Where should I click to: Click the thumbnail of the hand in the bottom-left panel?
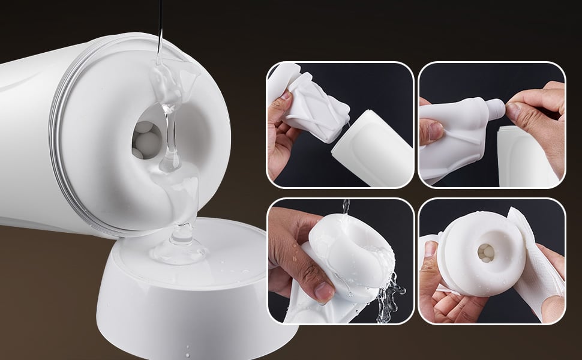click(x=325, y=292)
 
